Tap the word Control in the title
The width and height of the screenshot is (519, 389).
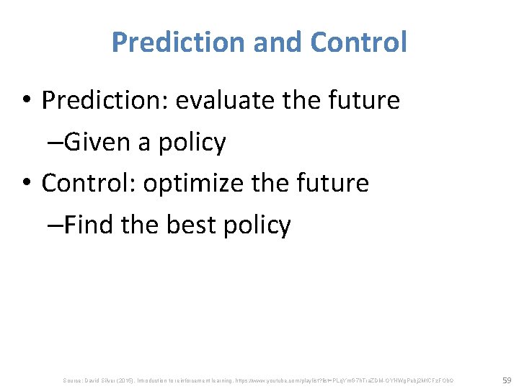[358, 43]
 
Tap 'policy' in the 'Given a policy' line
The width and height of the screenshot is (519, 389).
[191, 142]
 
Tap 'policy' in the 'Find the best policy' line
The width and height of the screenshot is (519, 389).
[257, 225]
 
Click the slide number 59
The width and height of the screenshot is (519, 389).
[506, 379]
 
